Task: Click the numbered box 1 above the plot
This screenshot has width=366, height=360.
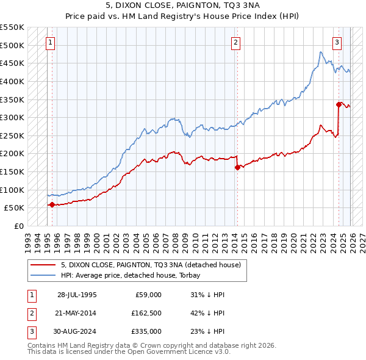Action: coord(49,43)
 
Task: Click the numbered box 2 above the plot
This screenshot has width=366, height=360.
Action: coord(235,43)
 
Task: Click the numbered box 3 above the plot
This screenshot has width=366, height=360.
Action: coord(337,43)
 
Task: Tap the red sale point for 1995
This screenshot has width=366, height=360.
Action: coord(52,205)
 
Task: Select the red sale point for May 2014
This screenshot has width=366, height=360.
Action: coord(237,167)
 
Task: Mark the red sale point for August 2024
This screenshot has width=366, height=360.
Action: coord(339,104)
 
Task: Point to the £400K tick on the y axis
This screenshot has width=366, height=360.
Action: coord(12,81)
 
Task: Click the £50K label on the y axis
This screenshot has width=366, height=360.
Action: coord(15,208)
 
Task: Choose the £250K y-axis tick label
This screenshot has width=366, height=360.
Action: coord(12,135)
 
